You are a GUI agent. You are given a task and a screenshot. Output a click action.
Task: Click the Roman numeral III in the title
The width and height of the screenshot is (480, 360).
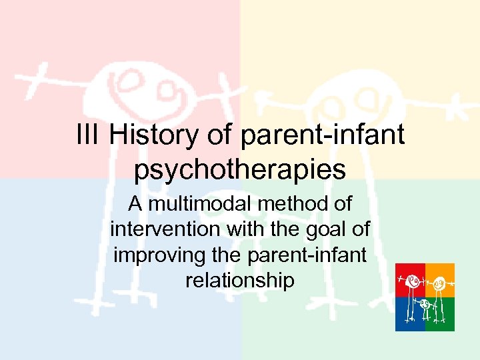point(89,135)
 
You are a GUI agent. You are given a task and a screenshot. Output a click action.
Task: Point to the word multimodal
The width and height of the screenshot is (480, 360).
point(211,204)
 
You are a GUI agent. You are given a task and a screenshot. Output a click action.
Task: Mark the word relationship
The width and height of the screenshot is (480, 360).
point(240,280)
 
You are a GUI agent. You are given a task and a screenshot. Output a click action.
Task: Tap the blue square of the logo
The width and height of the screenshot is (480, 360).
point(410,315)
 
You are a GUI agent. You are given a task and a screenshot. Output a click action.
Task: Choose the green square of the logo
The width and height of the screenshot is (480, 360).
point(440,315)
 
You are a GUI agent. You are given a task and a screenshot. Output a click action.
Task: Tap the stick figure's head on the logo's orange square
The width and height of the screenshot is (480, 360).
point(440,283)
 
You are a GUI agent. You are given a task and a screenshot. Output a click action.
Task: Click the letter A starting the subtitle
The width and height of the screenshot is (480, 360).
point(136,204)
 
